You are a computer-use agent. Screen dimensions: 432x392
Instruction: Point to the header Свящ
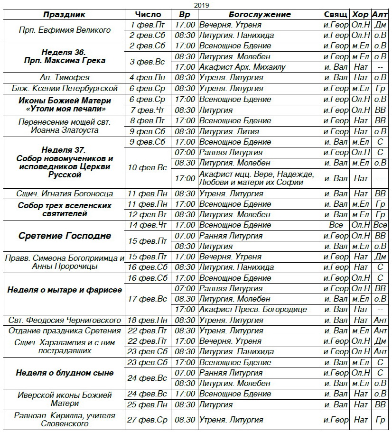(336, 14)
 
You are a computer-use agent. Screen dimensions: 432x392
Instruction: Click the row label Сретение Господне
(65, 236)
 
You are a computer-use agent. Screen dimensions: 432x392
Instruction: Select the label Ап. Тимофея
(65, 77)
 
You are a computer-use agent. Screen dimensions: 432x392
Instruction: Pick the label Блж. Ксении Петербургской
(65, 88)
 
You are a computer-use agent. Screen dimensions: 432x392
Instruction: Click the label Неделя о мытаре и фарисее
(65, 290)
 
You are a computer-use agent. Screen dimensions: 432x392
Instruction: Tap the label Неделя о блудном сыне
(65, 373)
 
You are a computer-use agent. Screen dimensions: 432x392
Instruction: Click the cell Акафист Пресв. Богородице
(253, 310)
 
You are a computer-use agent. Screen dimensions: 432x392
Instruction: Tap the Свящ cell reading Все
(336, 225)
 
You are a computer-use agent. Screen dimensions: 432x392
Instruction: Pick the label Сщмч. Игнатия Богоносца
(65, 193)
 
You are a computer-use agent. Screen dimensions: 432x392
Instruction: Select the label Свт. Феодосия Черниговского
(65, 320)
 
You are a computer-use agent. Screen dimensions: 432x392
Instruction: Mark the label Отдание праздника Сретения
(65, 331)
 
